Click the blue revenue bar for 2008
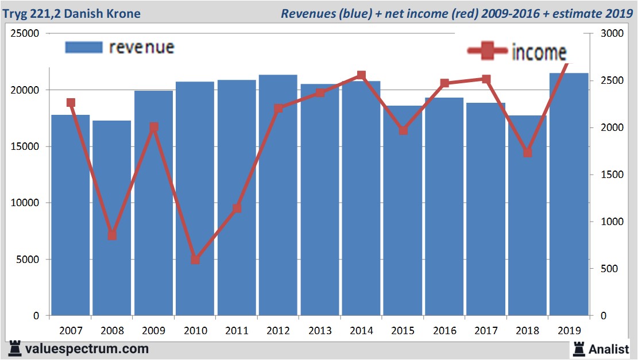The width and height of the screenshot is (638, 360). click(x=112, y=218)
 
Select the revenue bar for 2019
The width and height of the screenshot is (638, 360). click(x=569, y=195)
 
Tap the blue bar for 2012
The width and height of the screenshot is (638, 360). click(x=278, y=195)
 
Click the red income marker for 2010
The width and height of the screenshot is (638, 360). click(x=195, y=260)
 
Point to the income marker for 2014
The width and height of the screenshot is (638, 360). click(x=361, y=75)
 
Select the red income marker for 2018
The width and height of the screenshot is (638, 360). click(x=528, y=153)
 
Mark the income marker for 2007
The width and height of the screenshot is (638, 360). click(x=71, y=103)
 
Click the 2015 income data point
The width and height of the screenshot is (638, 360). click(x=403, y=130)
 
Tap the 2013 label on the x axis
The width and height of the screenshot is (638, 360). click(x=320, y=331)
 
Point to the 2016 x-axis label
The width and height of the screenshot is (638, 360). click(x=444, y=331)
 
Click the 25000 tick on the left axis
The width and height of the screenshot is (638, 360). click(x=25, y=34)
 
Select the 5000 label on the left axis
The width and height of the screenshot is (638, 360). click(x=28, y=260)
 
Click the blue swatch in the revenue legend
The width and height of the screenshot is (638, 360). click(x=83, y=47)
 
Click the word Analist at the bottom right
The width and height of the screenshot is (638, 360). click(x=610, y=349)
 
